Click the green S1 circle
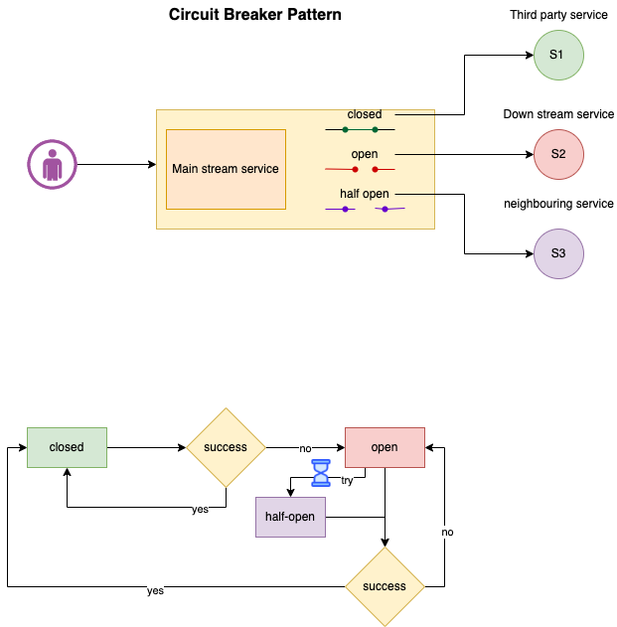tap(558, 56)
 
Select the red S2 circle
tap(558, 154)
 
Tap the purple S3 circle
tap(558, 253)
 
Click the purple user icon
tap(52, 164)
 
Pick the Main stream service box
tap(226, 169)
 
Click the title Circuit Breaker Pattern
tap(254, 14)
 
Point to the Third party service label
tap(558, 15)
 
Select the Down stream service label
tap(558, 114)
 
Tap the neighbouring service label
tap(558, 204)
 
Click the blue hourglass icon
tap(321, 473)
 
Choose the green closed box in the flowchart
tap(67, 447)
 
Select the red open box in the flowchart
tap(385, 447)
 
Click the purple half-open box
tap(290, 517)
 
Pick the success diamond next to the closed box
tap(226, 447)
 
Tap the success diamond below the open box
tap(385, 586)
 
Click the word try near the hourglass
tap(347, 480)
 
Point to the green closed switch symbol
tap(360, 129)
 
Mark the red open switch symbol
tap(360, 169)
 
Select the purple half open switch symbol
tap(365, 209)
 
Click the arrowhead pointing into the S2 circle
tap(530, 154)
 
